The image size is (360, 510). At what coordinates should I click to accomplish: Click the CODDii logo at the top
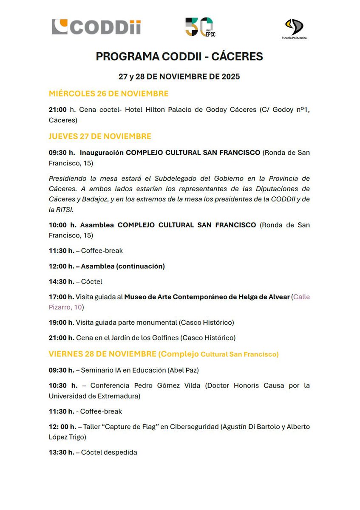[x=96, y=27]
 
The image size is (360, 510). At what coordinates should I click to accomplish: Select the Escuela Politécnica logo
[x=295, y=29]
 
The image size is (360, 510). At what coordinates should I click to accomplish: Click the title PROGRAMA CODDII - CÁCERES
[x=179, y=57]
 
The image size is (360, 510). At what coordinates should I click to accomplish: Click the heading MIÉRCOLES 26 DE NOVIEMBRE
[x=108, y=93]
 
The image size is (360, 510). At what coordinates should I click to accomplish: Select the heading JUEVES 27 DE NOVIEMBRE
[x=100, y=136]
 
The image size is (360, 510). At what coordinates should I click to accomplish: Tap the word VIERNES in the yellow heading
[x=67, y=354]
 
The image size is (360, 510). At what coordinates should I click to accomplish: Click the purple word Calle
[x=302, y=297]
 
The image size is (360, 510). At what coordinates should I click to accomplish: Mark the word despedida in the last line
[x=120, y=452]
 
